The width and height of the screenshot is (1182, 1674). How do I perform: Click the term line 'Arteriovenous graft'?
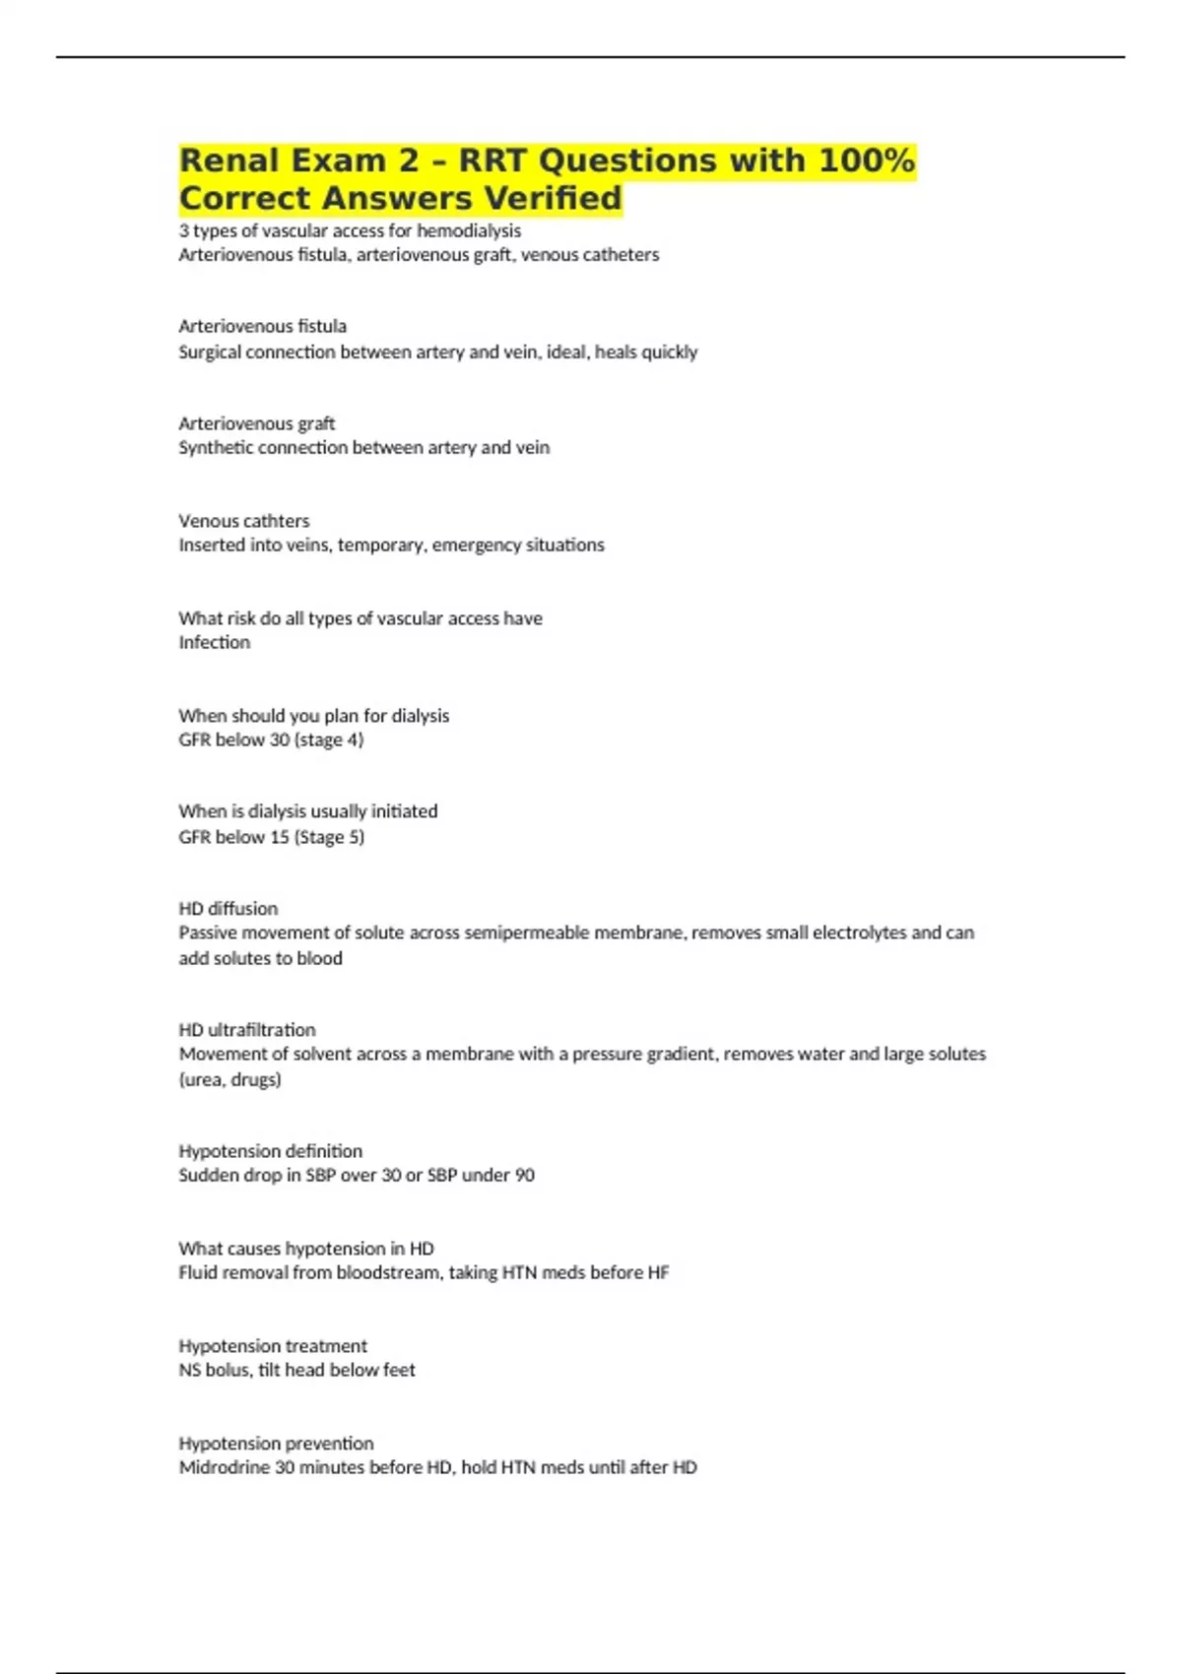(x=256, y=423)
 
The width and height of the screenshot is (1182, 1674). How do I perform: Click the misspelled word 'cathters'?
(x=277, y=521)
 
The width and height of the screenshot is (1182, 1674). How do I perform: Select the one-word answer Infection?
(x=214, y=642)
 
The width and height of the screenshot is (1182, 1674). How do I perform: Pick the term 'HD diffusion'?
(x=228, y=909)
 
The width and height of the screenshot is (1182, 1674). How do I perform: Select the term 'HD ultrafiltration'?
(x=246, y=1030)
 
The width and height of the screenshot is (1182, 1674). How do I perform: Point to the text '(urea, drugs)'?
(x=230, y=1079)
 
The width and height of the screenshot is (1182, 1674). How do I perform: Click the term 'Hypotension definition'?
(x=270, y=1151)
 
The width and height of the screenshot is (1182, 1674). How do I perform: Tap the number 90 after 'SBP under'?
(x=524, y=1175)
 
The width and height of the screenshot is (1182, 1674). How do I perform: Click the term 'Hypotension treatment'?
(x=272, y=1346)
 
